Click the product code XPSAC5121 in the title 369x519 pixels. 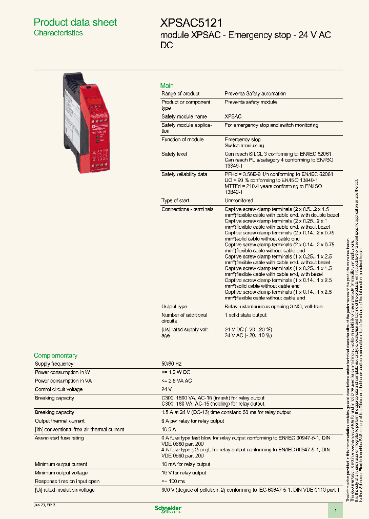(x=191, y=23)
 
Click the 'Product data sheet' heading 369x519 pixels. (x=75, y=22)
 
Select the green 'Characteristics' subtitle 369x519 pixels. (x=58, y=33)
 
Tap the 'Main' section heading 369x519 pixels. (x=167, y=86)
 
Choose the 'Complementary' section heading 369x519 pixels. (x=55, y=355)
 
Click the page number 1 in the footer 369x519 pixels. (x=335, y=510)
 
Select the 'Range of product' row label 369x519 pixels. (x=180, y=94)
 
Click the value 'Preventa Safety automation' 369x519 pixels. (x=255, y=94)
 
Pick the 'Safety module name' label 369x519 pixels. (x=184, y=117)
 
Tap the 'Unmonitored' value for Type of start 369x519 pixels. (x=238, y=201)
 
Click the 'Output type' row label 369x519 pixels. (x=174, y=307)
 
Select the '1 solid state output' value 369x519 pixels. (x=245, y=315)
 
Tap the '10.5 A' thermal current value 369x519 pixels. (x=169, y=430)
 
